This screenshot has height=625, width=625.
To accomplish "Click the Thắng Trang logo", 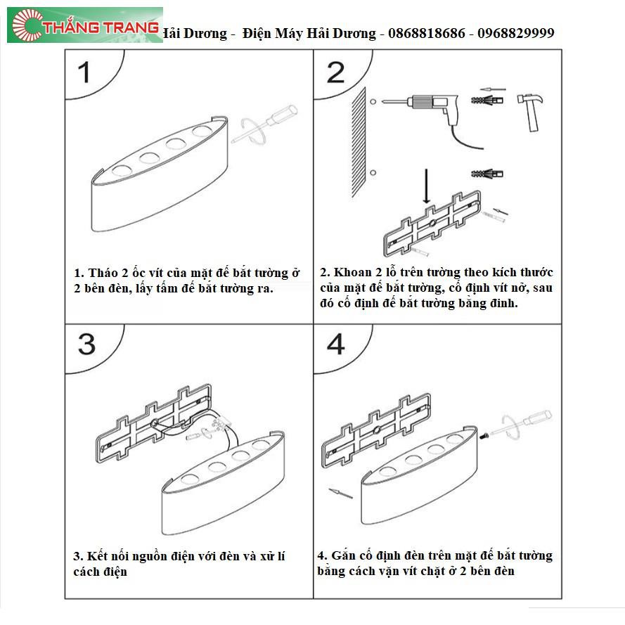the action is (x=85, y=25).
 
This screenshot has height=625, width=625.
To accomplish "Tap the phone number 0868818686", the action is (x=426, y=33).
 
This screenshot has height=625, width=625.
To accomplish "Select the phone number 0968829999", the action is (x=516, y=33).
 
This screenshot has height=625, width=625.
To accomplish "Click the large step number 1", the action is (x=84, y=72).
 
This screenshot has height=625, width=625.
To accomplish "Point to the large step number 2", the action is (x=335, y=72).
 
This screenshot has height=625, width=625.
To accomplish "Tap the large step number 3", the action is (x=86, y=344).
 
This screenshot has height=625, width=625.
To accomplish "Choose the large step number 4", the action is (x=335, y=344).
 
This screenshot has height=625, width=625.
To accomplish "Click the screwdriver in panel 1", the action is (x=264, y=124).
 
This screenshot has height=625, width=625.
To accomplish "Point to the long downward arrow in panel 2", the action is (x=426, y=186).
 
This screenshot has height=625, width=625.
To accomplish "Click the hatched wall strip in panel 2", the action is (x=359, y=142).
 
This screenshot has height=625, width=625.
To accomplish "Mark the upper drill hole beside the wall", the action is (x=373, y=102).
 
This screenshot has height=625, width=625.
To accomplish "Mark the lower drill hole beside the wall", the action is (x=373, y=172).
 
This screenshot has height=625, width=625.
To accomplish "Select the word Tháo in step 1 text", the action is (x=103, y=273).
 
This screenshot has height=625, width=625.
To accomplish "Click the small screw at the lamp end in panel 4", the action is (x=484, y=436).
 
